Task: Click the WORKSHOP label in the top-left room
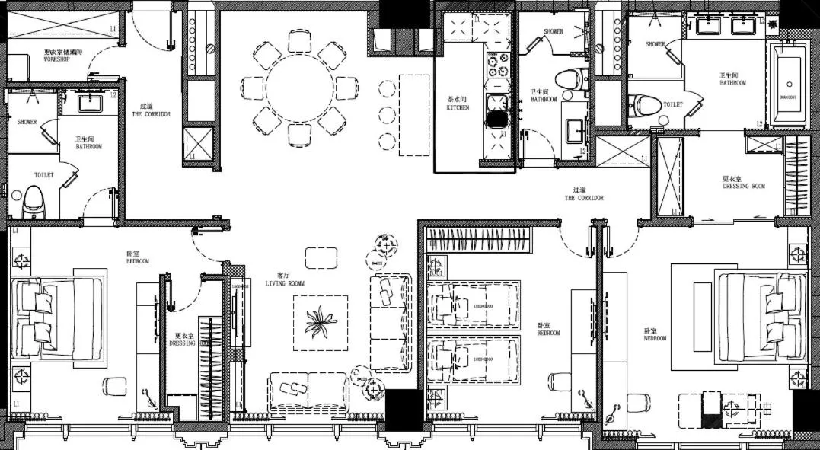[56, 57]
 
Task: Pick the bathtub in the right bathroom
[788, 85]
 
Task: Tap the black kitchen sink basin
[497, 119]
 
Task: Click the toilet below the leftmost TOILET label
[34, 201]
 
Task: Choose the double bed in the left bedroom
[58, 316]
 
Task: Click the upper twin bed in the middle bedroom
[473, 304]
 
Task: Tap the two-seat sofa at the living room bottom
[308, 391]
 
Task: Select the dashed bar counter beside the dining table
[414, 114]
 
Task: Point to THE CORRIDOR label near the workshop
[155, 111]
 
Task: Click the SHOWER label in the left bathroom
[27, 122]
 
